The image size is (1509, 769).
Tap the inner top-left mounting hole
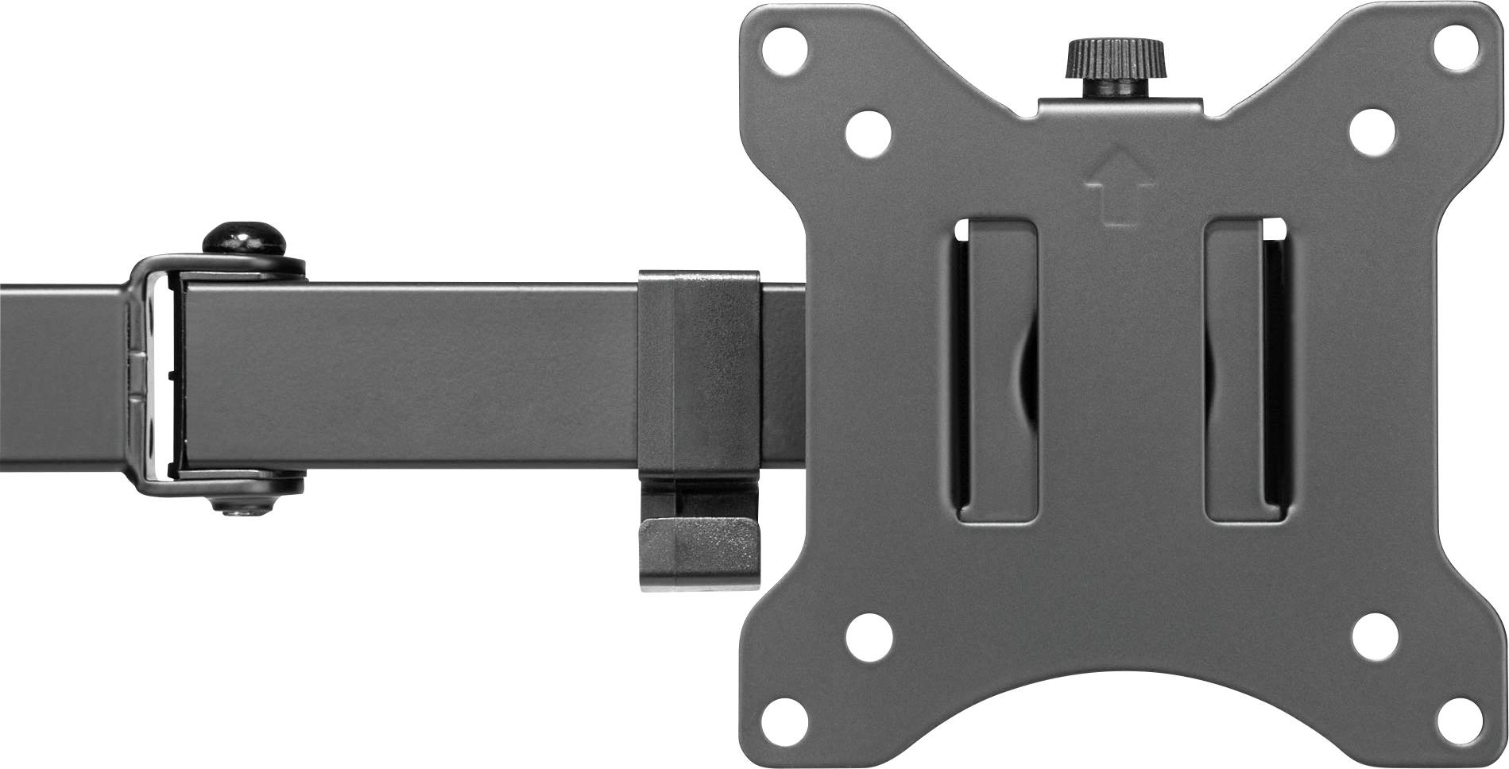tap(866, 130)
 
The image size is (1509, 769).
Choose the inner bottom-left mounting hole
tap(866, 636)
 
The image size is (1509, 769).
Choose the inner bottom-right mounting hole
tap(1375, 636)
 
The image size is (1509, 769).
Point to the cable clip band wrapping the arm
tap(699, 373)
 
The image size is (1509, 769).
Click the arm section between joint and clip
tap(413, 373)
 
